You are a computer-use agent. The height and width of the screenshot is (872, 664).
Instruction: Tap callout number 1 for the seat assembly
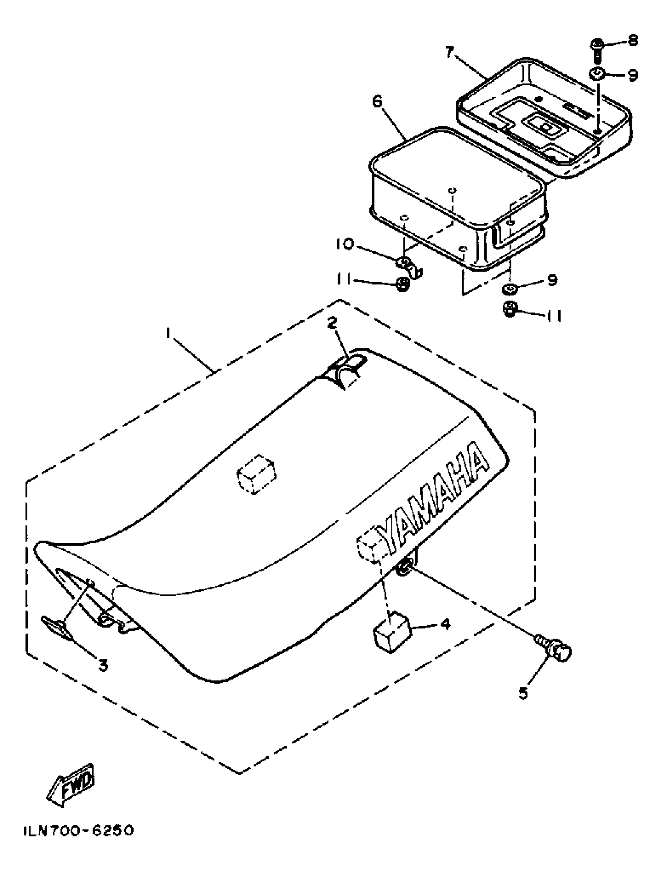pyautogui.click(x=168, y=334)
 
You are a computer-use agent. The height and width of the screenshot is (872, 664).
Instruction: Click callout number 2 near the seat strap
pyautogui.click(x=332, y=322)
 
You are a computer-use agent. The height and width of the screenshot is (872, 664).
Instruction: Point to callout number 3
pyautogui.click(x=103, y=666)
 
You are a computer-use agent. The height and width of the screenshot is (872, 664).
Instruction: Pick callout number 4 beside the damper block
pyautogui.click(x=445, y=625)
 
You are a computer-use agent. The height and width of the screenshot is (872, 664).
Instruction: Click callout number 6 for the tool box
pyautogui.click(x=377, y=102)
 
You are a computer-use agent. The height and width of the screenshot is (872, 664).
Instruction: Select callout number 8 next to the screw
pyautogui.click(x=633, y=41)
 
